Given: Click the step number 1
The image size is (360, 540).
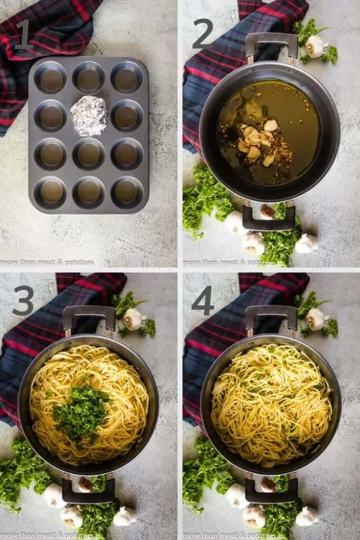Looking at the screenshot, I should (x=24, y=35).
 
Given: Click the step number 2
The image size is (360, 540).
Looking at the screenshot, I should (x=202, y=34).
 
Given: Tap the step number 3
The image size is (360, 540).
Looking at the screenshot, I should (x=23, y=301).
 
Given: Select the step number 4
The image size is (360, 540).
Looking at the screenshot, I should (x=203, y=301).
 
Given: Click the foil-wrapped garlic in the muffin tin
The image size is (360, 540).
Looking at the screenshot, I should (x=89, y=115).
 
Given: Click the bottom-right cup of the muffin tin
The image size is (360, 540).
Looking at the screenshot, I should (x=126, y=192).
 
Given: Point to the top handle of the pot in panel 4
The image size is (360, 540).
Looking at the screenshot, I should (x=271, y=315).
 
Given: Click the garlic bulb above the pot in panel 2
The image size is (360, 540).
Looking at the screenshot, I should (x=316, y=46).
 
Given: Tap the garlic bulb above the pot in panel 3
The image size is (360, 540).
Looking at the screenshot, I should (x=134, y=319).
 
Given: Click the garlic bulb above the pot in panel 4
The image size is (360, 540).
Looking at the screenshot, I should (x=316, y=319).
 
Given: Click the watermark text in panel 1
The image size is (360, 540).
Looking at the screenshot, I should (x=47, y=262).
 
